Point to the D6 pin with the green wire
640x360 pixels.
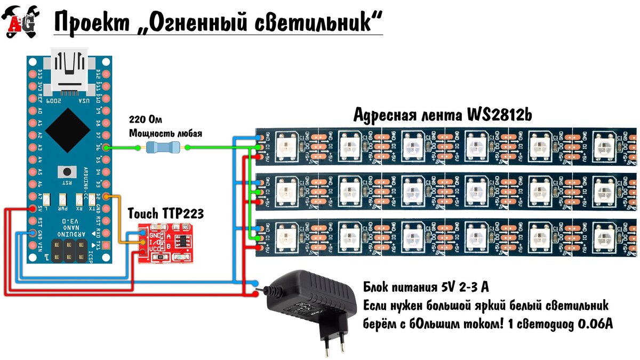tap(106, 147)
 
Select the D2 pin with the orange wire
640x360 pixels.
tap(106, 197)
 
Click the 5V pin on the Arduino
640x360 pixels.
tap(32, 209)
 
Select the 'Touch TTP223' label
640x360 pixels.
tap(166, 214)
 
